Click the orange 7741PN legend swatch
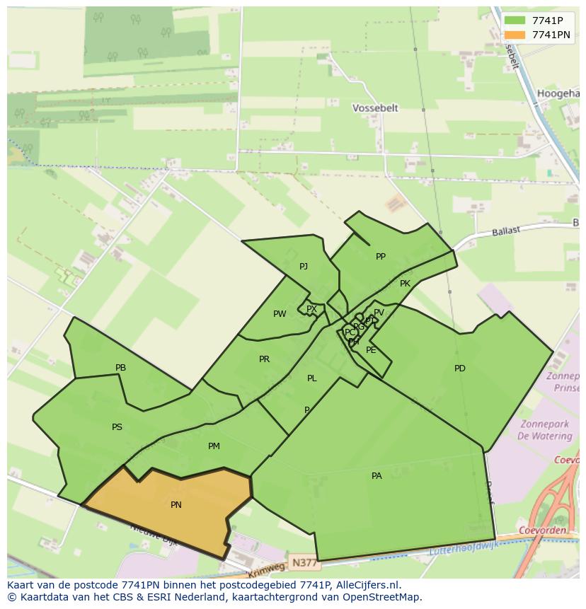(x=515, y=35)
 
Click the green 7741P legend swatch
(x=515, y=21)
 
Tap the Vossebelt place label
(x=375, y=108)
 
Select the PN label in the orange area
(x=176, y=504)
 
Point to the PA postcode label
(x=377, y=476)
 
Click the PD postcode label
(x=460, y=368)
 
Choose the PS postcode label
(x=117, y=427)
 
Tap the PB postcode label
(x=120, y=368)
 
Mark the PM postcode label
(x=214, y=446)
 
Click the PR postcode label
(x=264, y=359)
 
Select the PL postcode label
(x=311, y=378)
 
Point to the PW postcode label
(x=280, y=313)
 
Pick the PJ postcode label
(x=304, y=267)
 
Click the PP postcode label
(x=381, y=257)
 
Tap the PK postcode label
(x=405, y=284)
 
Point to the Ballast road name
(x=506, y=231)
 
